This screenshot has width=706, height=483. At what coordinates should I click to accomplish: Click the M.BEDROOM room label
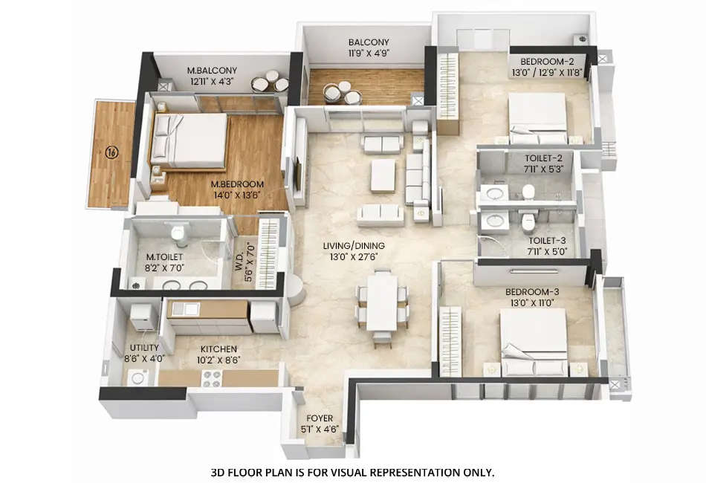coord(237,185)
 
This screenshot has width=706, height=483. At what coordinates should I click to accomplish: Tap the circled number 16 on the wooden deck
coord(111,152)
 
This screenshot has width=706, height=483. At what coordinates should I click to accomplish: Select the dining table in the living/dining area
coord(382,301)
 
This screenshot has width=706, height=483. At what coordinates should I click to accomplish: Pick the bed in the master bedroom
coord(192,140)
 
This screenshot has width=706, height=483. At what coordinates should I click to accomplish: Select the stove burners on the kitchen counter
coord(212,377)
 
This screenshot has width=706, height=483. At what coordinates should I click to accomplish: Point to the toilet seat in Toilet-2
coord(528,192)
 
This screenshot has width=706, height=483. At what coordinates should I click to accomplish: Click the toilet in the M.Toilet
coord(178,234)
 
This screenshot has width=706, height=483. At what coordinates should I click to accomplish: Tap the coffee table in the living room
coord(383,175)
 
